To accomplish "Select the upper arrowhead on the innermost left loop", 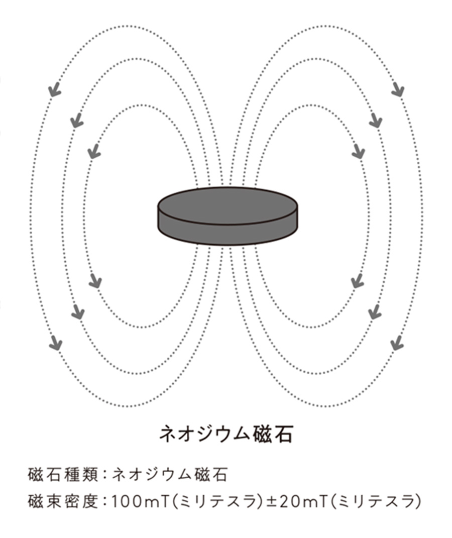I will pyautogui.click(x=93, y=150).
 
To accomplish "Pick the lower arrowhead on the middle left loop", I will pyautogui.click(x=78, y=312).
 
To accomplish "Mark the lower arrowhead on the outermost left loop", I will pyautogui.click(x=56, y=344).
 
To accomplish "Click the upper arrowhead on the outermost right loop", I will pyautogui.click(x=398, y=90).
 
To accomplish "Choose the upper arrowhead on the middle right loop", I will pyautogui.click(x=376, y=121).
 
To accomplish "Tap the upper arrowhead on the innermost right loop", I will pyautogui.click(x=358, y=151).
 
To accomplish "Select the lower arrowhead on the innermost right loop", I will pyautogui.click(x=357, y=281).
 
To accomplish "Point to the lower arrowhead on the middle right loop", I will pyautogui.click(x=375, y=313).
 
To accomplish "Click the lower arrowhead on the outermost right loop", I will pyautogui.click(x=397, y=344).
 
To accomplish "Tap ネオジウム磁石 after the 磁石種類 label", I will pyautogui.click(x=170, y=474).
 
